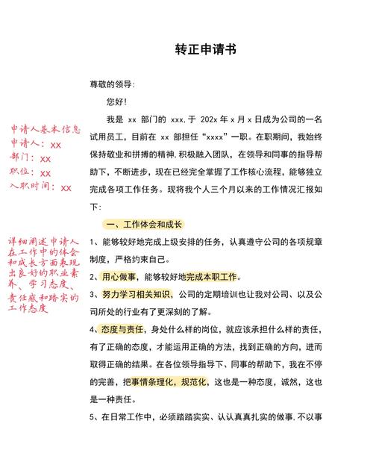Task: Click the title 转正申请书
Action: point(205,50)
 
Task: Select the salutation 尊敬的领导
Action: point(113,84)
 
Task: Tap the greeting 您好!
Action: point(117,101)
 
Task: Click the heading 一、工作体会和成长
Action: point(144,225)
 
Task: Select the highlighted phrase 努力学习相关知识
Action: point(137,294)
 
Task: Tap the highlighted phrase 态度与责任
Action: point(123,328)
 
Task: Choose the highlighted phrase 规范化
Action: point(195,381)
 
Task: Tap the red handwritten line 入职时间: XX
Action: point(40,187)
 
